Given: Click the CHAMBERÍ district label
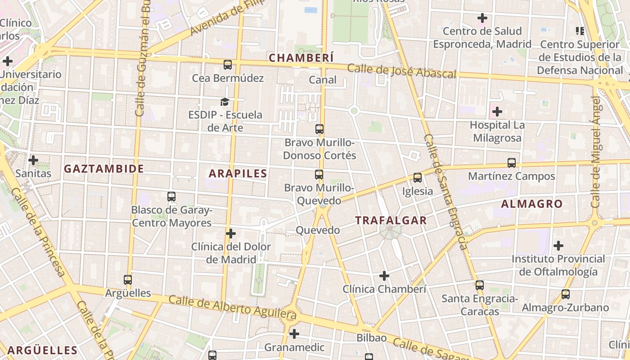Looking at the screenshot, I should point(301,58).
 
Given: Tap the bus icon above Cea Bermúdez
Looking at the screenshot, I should point(228,65).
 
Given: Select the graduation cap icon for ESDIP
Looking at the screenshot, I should point(225,102).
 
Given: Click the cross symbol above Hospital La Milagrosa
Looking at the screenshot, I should point(497,111).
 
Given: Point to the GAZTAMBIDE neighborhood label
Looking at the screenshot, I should point(104,169).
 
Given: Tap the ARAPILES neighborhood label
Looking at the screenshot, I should point(238,173).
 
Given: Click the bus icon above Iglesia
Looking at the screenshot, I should point(418,178).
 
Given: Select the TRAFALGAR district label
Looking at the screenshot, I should point(391,220).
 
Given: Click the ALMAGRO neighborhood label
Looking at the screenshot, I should point(532,204).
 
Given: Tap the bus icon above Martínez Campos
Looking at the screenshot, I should point(512,163).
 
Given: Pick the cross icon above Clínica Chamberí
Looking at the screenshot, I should point(384,275).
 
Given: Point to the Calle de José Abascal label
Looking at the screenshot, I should point(402,71).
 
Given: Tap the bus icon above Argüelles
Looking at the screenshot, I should point(128,280).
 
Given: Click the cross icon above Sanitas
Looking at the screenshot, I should point(33,160).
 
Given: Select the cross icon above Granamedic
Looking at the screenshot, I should point(294,334).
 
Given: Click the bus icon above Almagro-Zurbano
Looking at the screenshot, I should point(566,294).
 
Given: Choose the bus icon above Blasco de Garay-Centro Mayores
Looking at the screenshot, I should point(171,197).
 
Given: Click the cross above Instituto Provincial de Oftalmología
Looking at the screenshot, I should point(558,246).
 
